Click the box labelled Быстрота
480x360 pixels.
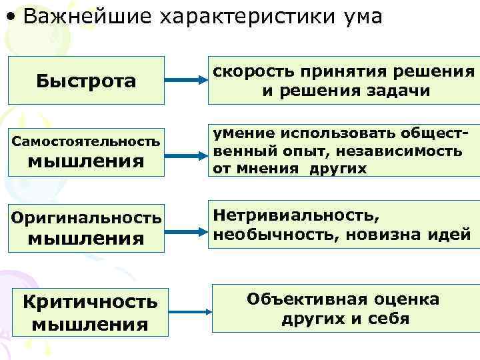pos(86,81)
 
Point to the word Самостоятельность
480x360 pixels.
pos(86,141)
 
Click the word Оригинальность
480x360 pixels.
pos(86,217)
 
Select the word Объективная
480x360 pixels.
pos(296,299)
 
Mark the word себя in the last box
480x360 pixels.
pos(389,319)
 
